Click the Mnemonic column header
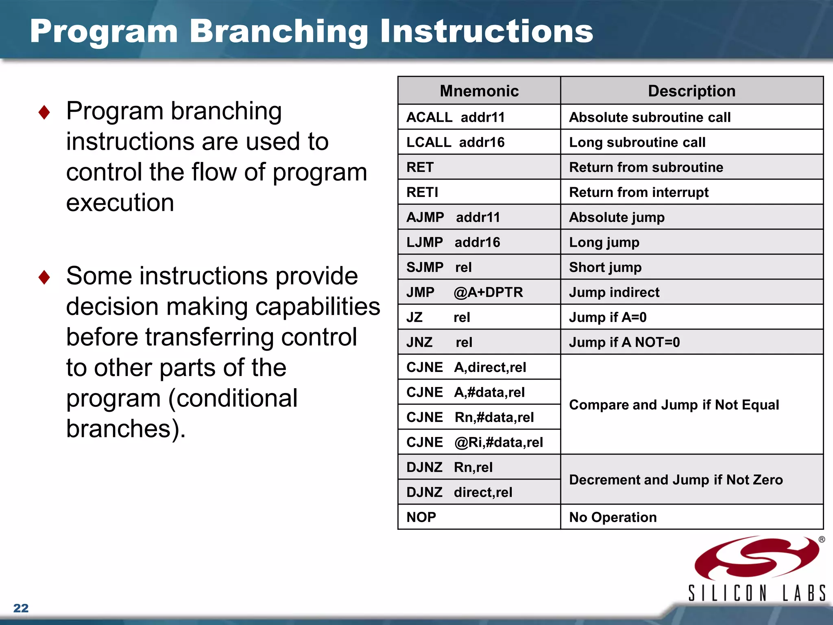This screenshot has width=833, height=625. (479, 91)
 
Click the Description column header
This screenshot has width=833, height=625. (691, 91)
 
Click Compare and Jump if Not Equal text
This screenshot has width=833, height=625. (674, 405)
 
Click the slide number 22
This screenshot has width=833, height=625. (21, 608)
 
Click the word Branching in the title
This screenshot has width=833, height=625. (279, 32)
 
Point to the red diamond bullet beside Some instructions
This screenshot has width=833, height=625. (44, 277)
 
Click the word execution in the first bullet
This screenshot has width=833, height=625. (120, 203)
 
